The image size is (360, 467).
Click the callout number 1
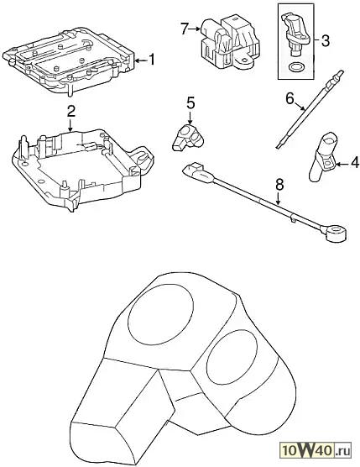[152, 60]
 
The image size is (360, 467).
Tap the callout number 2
[70, 111]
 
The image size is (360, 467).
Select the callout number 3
[326, 40]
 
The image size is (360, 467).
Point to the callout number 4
[355, 163]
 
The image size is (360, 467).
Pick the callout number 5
[190, 103]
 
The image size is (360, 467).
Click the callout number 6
[290, 98]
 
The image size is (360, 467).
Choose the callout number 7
[185, 29]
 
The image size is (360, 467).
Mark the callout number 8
[279, 185]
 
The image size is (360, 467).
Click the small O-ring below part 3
[295, 68]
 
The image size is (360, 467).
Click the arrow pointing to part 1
[141, 60]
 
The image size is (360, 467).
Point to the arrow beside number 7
[195, 29]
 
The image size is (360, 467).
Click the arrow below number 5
[190, 118]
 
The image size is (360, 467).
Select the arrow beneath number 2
[70, 125]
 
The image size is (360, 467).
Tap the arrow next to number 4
[342, 164]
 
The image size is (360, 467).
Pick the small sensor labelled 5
[187, 138]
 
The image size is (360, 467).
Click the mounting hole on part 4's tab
[328, 163]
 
